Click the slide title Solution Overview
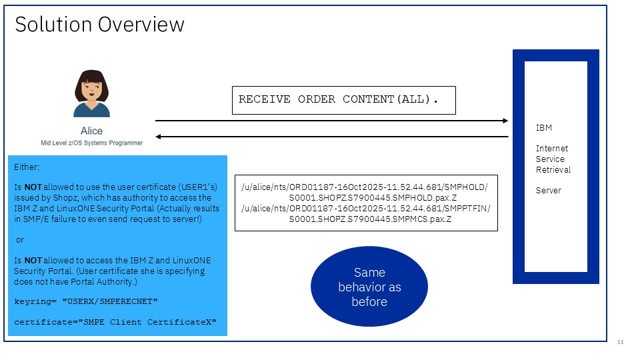pos(99,25)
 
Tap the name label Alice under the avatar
pos(91,131)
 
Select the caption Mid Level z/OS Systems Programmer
pos(91,143)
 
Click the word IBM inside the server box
pos(543,128)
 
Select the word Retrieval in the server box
pos(553,169)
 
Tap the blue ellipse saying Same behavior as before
pos(369,287)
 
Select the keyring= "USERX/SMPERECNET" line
pos(86,302)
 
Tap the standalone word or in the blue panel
pos(19,239)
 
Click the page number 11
pos(620,342)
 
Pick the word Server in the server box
pos(548,191)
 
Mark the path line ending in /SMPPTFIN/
pos(365,208)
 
